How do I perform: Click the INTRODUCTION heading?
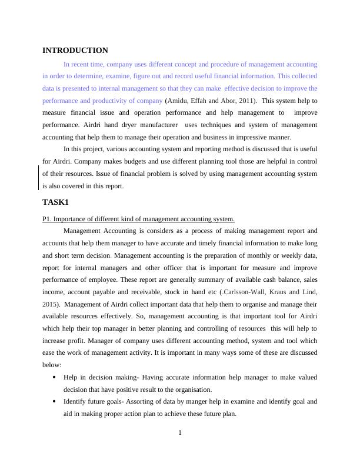coord(75,51)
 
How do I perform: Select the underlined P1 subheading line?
coord(138,219)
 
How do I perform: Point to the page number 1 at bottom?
coord(180,434)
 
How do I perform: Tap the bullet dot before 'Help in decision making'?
coord(55,377)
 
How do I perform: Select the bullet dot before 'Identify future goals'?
coord(55,402)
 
